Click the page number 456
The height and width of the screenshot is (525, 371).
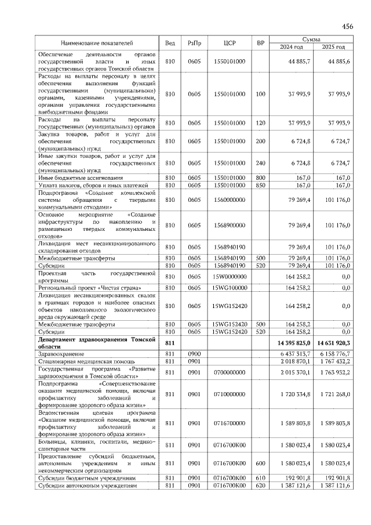click(x=347, y=27)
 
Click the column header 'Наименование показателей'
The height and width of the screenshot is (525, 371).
click(x=97, y=43)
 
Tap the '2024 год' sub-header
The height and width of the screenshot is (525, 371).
click(x=292, y=47)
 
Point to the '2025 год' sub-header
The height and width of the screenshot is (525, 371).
click(x=333, y=47)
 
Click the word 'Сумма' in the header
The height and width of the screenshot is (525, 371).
click(x=312, y=39)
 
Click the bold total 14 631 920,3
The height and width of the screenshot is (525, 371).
click(x=334, y=343)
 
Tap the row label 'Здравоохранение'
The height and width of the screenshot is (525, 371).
click(x=59, y=353)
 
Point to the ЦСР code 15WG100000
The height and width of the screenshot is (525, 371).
click(x=229, y=287)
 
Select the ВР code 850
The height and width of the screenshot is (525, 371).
click(x=260, y=185)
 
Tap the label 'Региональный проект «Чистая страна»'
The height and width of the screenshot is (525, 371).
click(x=89, y=287)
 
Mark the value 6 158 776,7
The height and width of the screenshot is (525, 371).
click(x=334, y=353)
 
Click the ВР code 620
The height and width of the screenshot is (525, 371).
click(x=260, y=485)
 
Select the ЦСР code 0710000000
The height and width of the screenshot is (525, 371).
click(x=229, y=394)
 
